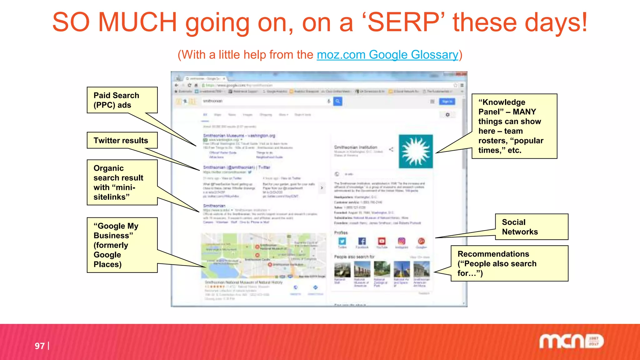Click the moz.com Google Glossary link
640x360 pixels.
387,55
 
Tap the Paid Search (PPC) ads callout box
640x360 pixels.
122,100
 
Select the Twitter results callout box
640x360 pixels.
122,140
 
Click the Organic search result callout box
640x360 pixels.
122,182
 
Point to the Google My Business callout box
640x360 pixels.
122,245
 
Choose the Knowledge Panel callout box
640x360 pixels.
514,126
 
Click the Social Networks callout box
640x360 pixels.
531,227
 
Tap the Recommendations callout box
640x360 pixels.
509,263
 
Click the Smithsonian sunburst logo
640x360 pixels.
416,152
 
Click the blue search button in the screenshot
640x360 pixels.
338,101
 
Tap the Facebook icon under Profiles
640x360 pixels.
362,241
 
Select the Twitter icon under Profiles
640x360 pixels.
342,241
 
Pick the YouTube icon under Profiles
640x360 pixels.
382,241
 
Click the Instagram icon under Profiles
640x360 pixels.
402,241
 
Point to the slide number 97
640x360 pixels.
40,346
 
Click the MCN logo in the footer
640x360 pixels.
571,341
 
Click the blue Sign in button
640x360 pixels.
447,102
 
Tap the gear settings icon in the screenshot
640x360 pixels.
447,115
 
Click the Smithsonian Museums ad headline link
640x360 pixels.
239,136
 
